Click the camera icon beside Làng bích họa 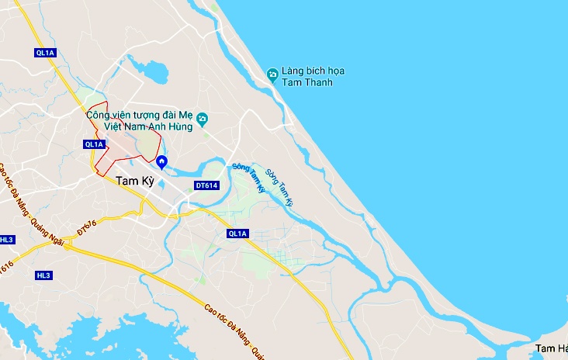click(x=272, y=74)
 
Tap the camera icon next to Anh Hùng click(x=203, y=119)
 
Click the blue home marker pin click(x=161, y=162)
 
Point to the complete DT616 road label click(x=86, y=228)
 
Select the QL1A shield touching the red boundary click(x=94, y=144)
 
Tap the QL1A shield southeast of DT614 click(x=237, y=234)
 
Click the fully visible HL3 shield click(x=44, y=275)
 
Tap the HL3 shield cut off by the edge click(x=6, y=240)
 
